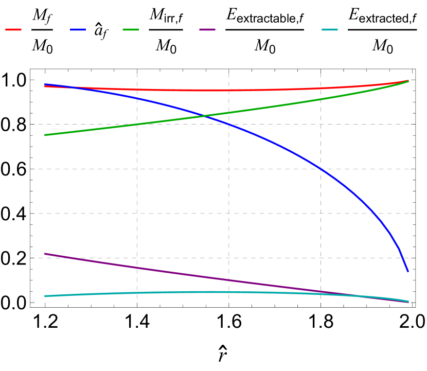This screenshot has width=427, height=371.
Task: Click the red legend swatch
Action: (13, 30)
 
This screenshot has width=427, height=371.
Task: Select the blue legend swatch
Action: (78, 30)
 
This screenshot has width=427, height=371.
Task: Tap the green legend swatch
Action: (131, 30)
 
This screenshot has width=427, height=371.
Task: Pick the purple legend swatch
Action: (207, 30)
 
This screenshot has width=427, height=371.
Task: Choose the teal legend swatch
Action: (330, 30)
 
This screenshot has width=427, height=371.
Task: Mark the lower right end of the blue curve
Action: (408, 271)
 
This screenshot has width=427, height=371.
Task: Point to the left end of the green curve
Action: (45, 135)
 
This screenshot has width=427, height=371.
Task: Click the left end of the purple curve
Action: (45, 253)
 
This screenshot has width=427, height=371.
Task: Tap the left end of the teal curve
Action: (45, 296)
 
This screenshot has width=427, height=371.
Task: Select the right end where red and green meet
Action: (408, 81)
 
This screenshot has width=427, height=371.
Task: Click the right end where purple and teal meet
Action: (408, 302)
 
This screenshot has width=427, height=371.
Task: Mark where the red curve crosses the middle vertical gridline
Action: (229, 91)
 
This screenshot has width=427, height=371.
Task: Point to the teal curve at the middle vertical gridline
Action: (229, 292)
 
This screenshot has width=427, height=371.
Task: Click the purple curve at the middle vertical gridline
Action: (229, 280)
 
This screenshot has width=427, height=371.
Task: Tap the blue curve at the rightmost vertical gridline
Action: (321, 168)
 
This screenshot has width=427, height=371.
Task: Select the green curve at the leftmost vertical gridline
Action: (137, 124)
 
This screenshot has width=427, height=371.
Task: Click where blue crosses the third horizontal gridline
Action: (374, 213)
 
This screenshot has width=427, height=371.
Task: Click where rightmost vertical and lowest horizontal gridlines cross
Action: (321, 258)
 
